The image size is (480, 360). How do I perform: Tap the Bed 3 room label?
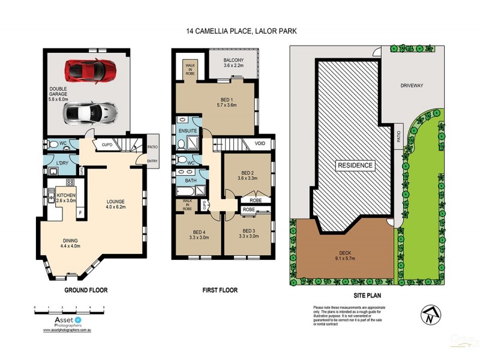click(249, 233)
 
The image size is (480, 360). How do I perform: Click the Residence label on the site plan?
click(354, 165)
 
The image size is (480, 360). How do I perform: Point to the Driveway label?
click(412, 86)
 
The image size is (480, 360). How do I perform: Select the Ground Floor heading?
click(86, 290)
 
